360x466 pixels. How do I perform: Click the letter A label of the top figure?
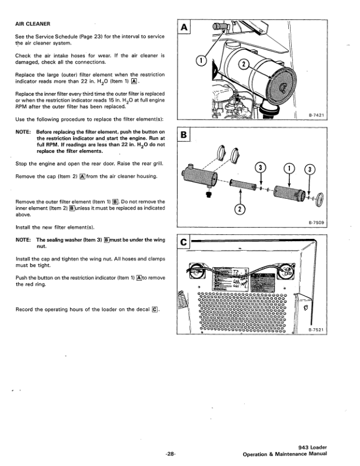[184, 28]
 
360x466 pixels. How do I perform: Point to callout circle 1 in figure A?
[201, 60]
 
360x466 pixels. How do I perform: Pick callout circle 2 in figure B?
[240, 209]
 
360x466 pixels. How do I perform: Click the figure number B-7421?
[316, 115]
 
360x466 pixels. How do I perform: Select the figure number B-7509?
[316, 222]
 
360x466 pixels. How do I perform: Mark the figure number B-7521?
[316, 330]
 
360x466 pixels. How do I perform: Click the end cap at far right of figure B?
[320, 199]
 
